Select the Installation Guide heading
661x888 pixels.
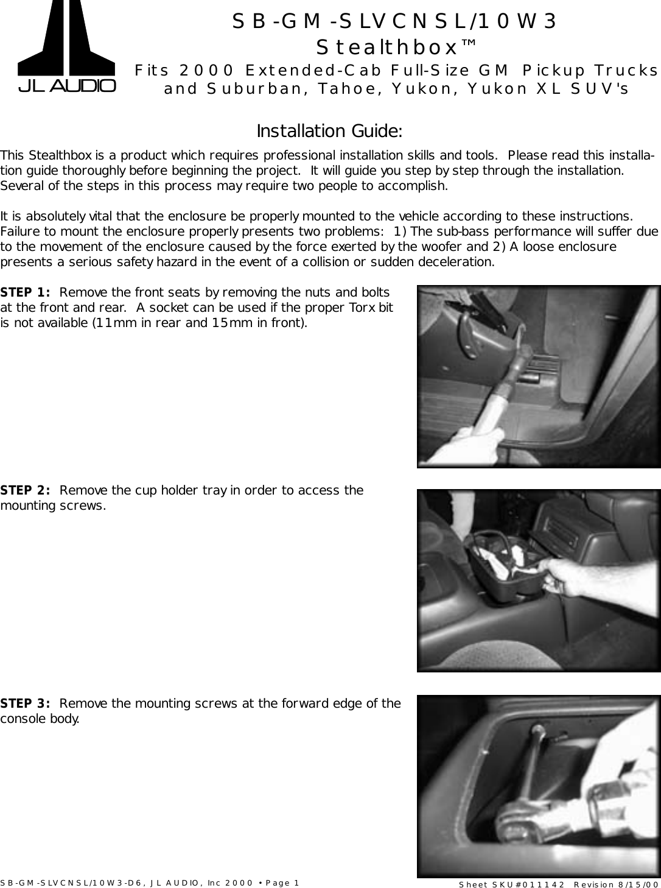(x=329, y=131)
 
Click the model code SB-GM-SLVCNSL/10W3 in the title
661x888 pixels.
(x=395, y=21)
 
